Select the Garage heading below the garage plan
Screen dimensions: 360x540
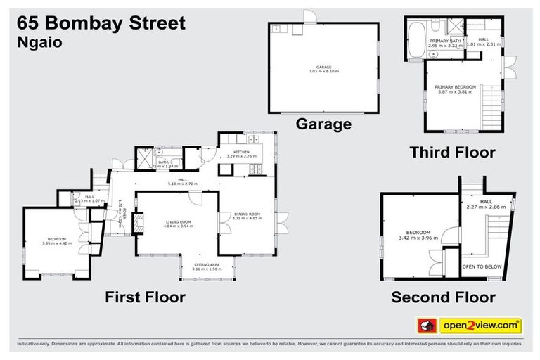[323, 124]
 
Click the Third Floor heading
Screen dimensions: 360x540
[452, 152]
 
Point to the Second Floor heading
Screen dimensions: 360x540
[443, 297]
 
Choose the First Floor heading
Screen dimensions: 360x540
[145, 297]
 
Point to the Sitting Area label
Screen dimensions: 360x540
[207, 264]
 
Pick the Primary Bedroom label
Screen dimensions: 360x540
[457, 87]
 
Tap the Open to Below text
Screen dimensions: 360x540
[477, 267]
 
